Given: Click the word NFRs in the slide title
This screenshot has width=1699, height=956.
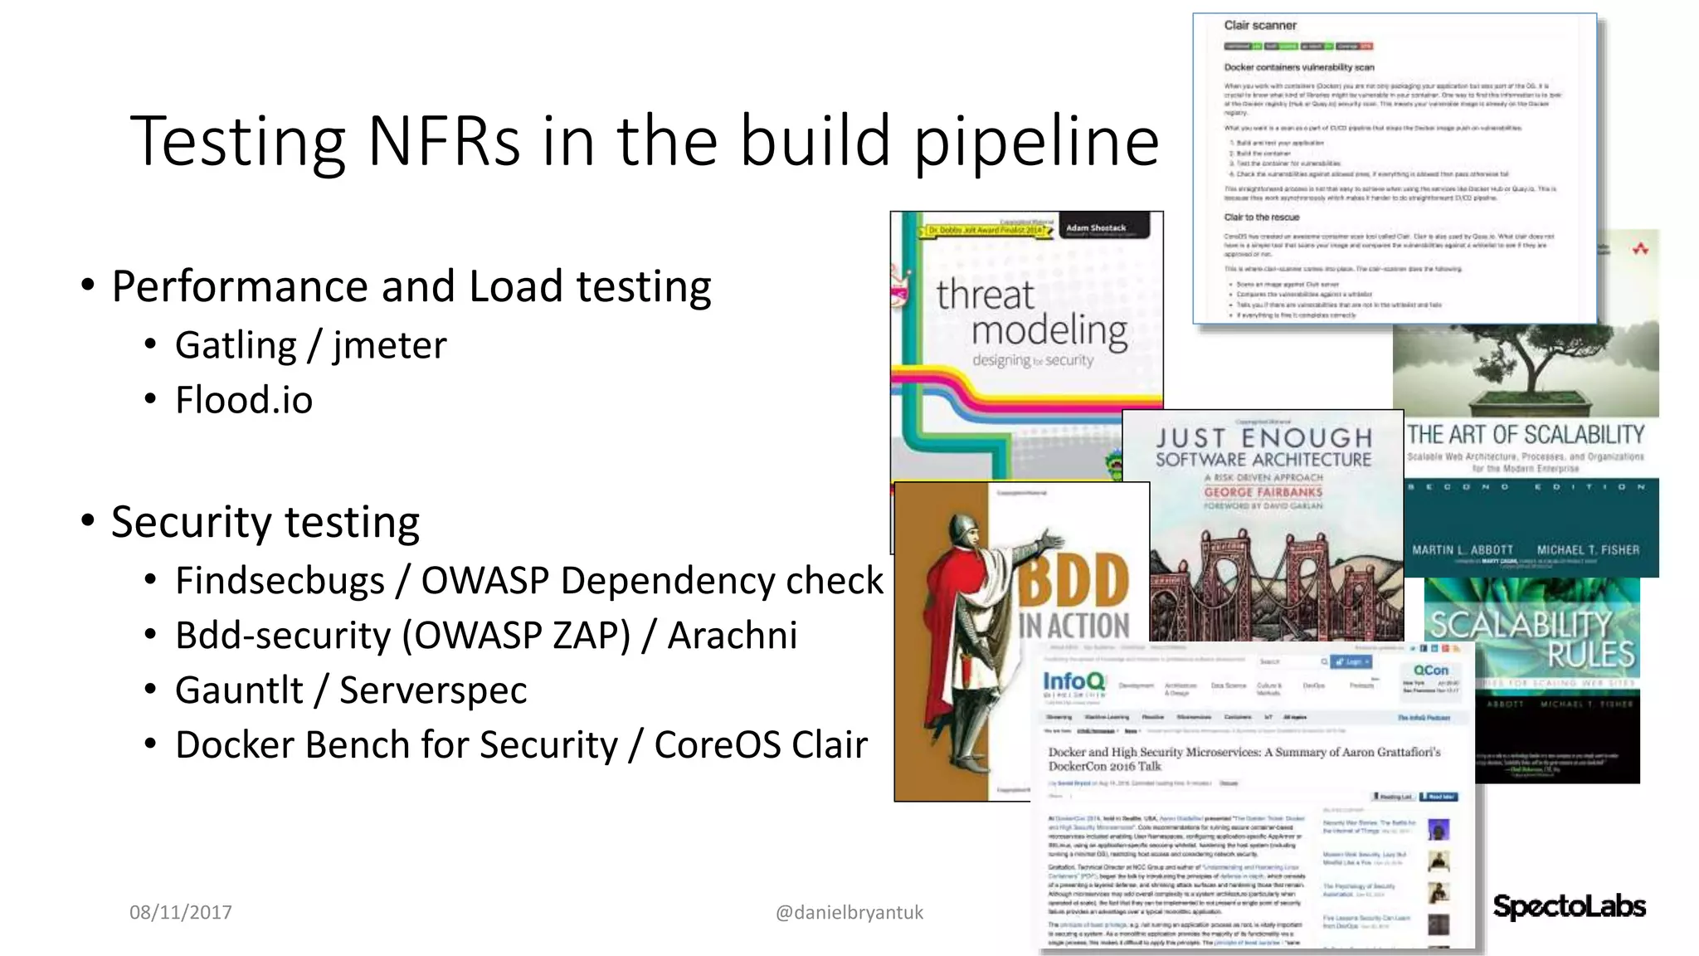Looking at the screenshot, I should tap(444, 141).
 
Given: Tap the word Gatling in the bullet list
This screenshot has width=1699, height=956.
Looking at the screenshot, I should tap(236, 345).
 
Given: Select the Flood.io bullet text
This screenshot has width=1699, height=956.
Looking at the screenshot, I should tap(244, 400).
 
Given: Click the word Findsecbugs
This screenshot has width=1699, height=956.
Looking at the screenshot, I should tap(280, 581).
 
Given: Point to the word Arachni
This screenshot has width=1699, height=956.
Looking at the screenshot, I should tap(733, 636).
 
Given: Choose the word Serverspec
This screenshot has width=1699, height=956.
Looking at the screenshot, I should tap(433, 690).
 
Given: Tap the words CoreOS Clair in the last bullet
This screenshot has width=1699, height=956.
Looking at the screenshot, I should tap(761, 745).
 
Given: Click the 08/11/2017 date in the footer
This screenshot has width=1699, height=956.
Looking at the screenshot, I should tap(181, 913).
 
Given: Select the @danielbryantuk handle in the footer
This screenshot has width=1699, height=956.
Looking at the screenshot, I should tap(849, 913).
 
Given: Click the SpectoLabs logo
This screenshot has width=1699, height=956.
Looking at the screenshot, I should tap(1569, 906).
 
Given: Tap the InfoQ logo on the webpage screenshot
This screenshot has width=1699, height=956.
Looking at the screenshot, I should tap(1073, 682).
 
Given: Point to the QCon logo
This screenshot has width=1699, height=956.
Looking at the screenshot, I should tap(1430, 671).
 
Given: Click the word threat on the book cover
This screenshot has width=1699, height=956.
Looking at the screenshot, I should tap(985, 295).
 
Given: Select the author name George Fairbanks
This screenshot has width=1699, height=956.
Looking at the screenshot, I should tap(1263, 492).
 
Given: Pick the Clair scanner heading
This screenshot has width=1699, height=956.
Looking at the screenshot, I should tap(1259, 26).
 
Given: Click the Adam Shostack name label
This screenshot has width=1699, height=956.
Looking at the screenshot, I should tap(1095, 227).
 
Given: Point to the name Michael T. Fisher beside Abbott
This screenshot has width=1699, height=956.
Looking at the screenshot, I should tap(1588, 550).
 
